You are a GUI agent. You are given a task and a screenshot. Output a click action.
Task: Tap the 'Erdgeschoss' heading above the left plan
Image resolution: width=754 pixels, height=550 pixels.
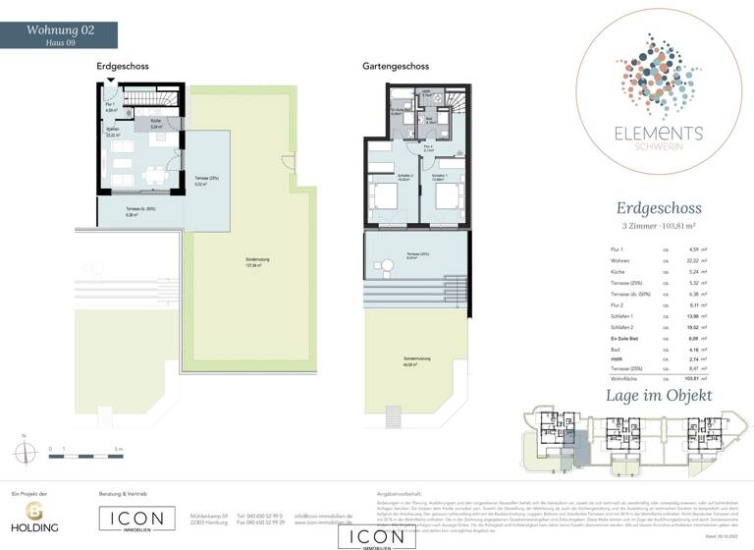[x=122, y=66]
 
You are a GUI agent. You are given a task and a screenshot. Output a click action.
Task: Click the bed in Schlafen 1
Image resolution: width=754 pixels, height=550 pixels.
[x=443, y=195]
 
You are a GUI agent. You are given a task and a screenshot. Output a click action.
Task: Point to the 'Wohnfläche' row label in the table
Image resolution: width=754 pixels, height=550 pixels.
[x=623, y=376]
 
